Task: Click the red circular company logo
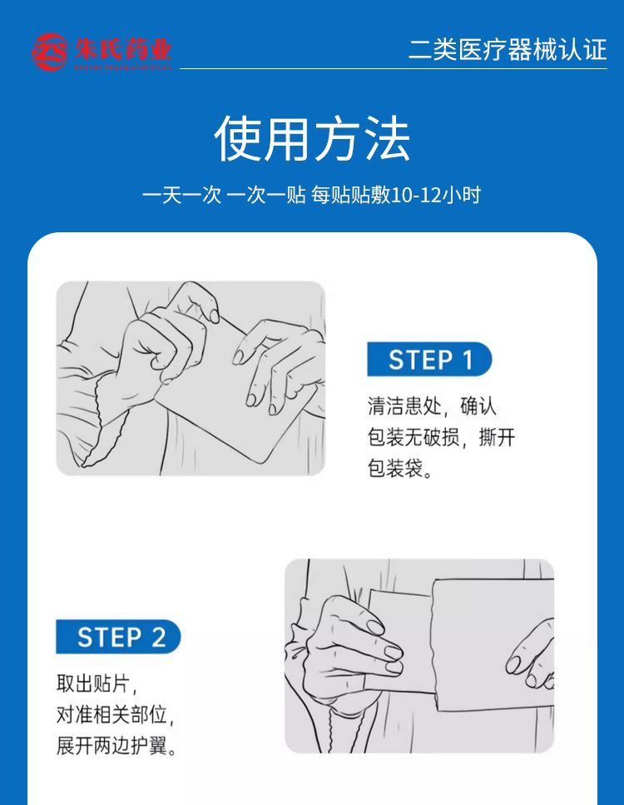[x=49, y=52]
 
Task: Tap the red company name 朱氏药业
[x=123, y=50]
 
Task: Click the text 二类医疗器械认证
[x=508, y=50]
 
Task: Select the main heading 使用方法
[x=312, y=138]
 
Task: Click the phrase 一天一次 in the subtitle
[x=181, y=195]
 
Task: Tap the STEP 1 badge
[x=429, y=359]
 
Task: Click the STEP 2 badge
[x=118, y=637]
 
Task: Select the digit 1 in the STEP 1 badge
[x=468, y=360]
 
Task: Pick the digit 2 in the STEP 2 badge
[x=159, y=637]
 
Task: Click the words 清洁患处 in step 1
[x=404, y=406]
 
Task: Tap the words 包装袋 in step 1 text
[x=395, y=468]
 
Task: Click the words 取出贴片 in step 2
[x=92, y=683]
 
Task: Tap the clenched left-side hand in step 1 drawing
[x=154, y=349]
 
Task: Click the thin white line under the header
[x=394, y=68]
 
